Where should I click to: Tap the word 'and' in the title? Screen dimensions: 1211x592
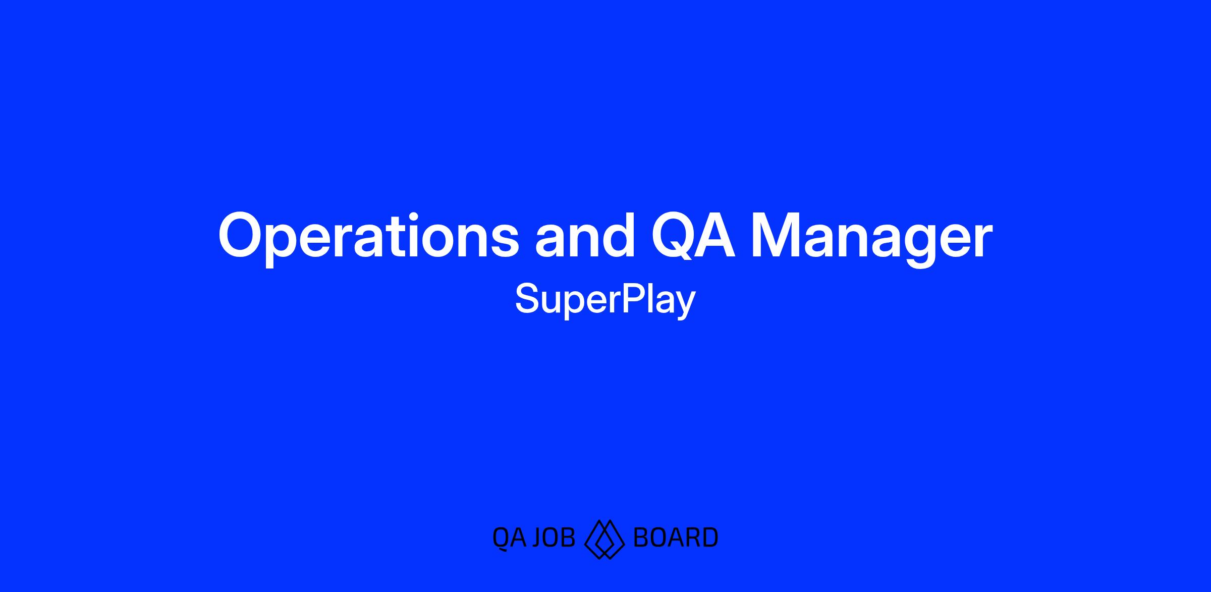coord(585,234)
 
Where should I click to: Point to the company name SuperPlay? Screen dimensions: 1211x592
coord(605,300)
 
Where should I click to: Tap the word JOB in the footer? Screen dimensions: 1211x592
coord(554,537)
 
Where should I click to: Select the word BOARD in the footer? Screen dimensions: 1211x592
coord(676,537)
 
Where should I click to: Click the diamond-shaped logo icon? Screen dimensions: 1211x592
coord(604,539)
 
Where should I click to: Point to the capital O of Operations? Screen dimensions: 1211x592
coord(243,235)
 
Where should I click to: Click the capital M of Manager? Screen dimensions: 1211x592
coord(778,235)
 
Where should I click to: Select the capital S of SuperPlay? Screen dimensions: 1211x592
coord(527,298)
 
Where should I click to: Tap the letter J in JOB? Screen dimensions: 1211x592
coord(539,537)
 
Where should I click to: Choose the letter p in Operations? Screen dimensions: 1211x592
coord(293,246)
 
